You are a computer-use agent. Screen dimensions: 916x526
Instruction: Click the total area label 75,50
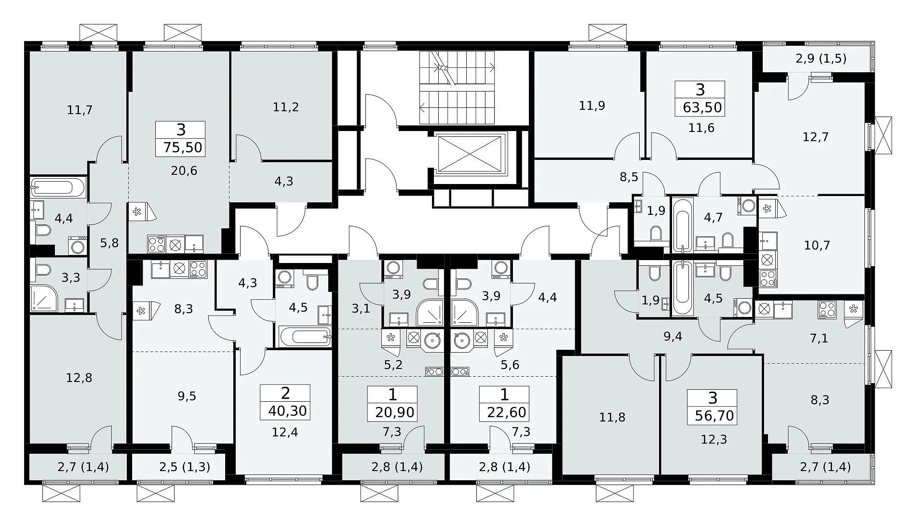[183, 147]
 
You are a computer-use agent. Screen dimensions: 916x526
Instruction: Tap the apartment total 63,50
[702, 107]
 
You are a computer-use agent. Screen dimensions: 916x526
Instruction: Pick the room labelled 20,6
[184, 171]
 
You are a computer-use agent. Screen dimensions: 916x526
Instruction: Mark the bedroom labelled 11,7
[80, 110]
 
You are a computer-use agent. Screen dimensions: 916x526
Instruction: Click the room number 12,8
[79, 378]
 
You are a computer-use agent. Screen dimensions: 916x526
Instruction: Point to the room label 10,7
[817, 245]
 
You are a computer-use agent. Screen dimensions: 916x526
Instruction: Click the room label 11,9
[592, 105]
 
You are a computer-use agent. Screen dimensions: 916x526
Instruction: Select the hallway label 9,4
[673, 337]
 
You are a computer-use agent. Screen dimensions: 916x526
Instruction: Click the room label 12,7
[816, 137]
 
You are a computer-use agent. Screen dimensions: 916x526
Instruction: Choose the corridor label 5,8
[109, 243]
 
